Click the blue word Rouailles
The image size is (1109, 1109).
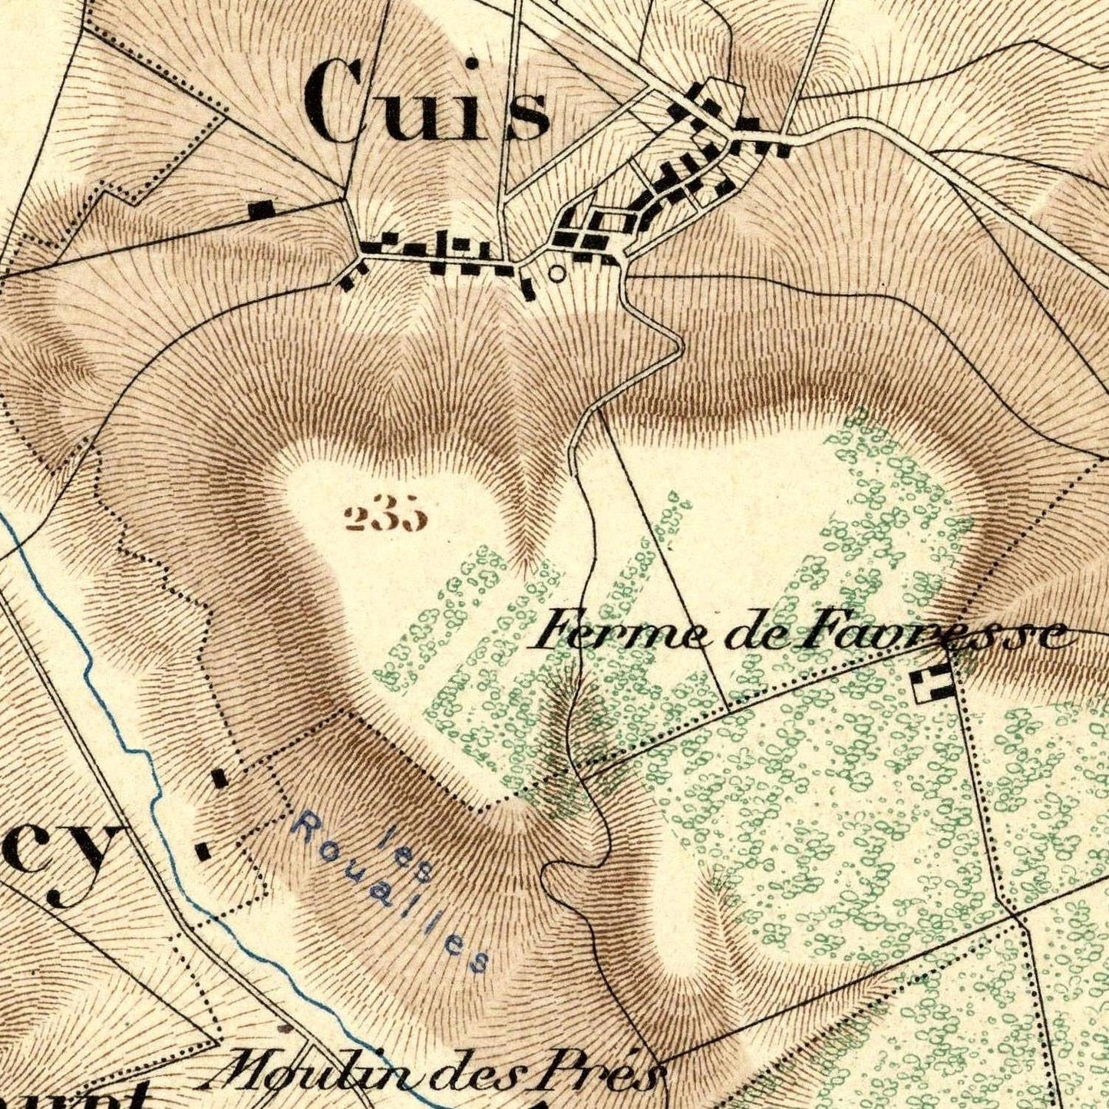click(391, 894)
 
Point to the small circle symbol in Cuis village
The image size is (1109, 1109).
click(557, 272)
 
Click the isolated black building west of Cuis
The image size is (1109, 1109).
click(262, 209)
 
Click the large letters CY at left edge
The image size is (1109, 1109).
click(61, 863)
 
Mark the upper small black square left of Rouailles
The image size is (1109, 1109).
click(220, 778)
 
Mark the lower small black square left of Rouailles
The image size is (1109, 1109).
click(203, 850)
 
